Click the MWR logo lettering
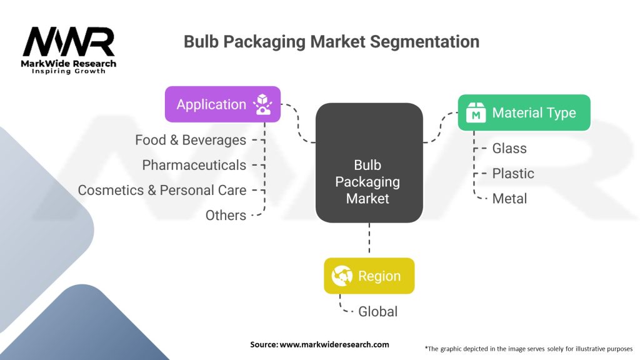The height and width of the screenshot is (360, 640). click(x=69, y=42)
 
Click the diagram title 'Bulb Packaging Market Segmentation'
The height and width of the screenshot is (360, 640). click(x=331, y=42)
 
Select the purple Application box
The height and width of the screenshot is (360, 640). click(x=223, y=104)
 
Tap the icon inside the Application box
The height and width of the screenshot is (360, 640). click(x=262, y=104)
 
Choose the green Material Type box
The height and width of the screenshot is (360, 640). click(x=524, y=112)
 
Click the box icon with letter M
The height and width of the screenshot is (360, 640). click(x=476, y=112)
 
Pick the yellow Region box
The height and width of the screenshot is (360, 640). click(x=369, y=276)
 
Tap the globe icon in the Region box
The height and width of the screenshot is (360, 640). click(x=342, y=276)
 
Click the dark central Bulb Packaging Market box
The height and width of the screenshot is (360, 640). click(x=369, y=163)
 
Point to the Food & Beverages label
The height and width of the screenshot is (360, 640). click(x=191, y=140)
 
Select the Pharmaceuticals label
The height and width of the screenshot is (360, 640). click(x=194, y=165)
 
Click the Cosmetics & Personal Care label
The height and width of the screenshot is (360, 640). click(x=162, y=190)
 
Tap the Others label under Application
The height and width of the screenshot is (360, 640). click(x=226, y=216)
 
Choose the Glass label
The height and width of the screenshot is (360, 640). click(x=509, y=149)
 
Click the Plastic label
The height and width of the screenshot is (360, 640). click(x=513, y=174)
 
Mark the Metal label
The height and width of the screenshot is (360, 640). click(x=509, y=199)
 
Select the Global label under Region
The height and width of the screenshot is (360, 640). click(x=378, y=312)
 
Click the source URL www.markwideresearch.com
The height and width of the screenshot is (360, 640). click(x=334, y=344)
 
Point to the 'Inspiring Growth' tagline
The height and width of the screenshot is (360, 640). click(x=69, y=71)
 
